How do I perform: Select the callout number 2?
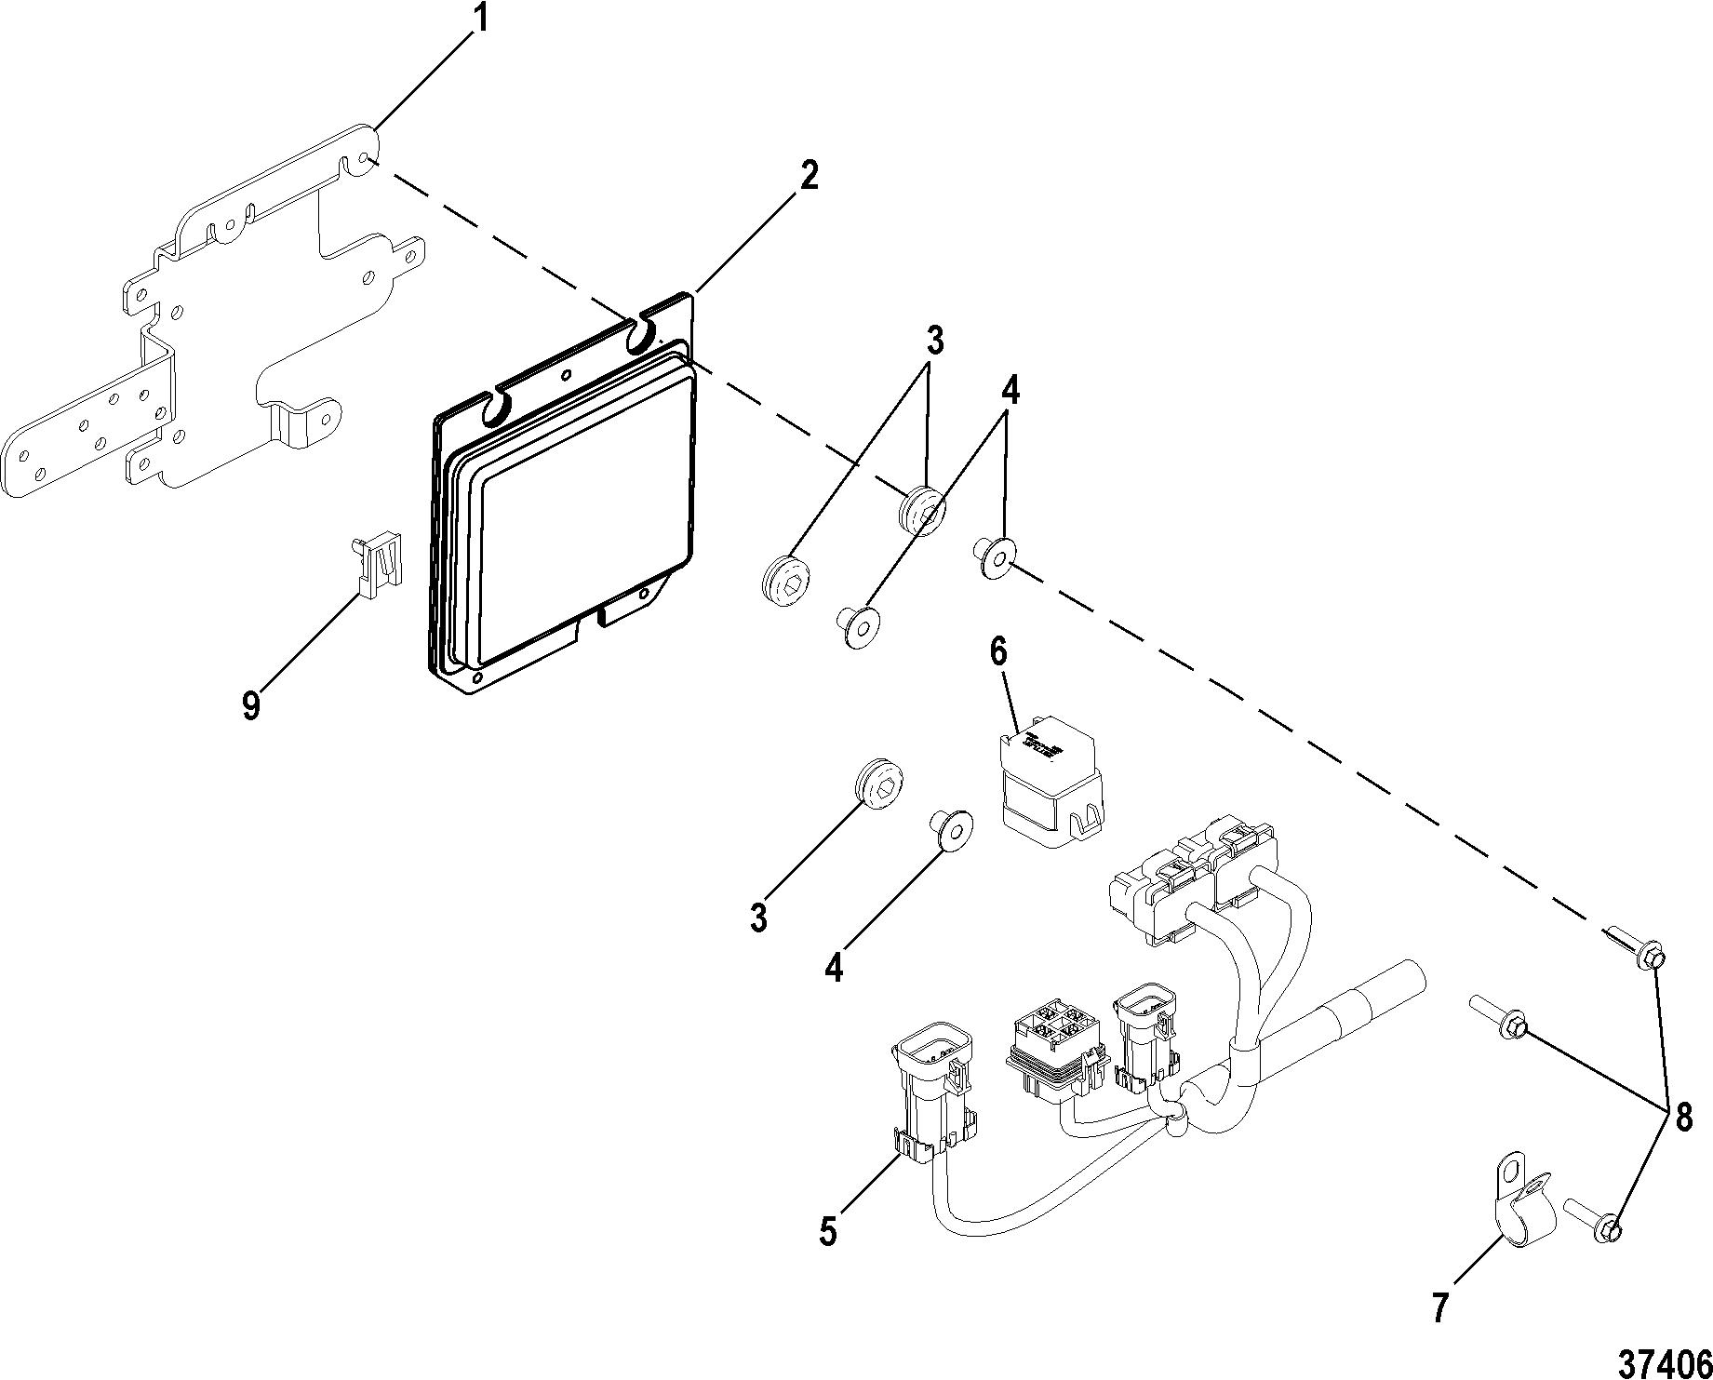810,174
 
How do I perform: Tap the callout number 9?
250,706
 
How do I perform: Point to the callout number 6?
998,652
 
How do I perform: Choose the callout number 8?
1683,1118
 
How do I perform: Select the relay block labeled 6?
1050,783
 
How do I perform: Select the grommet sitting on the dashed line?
920,509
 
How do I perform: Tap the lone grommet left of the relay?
879,785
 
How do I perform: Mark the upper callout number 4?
1010,392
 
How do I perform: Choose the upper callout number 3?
934,342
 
